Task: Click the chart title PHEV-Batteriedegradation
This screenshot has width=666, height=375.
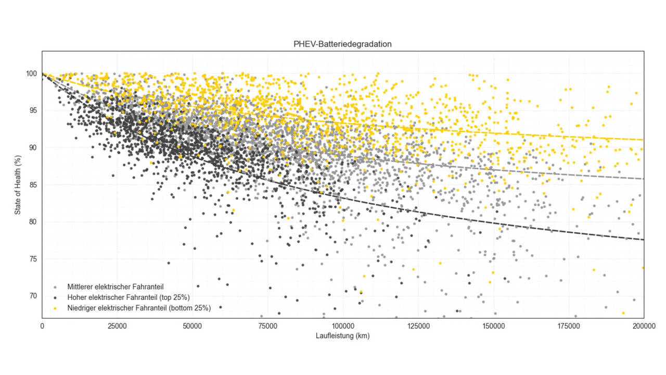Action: coord(342,44)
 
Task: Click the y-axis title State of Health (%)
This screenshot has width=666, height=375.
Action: coord(18,184)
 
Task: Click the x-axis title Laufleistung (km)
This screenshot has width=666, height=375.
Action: coord(342,336)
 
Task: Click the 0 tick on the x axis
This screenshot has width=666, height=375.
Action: coord(42,326)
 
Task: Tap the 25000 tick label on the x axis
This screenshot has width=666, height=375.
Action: coord(117,326)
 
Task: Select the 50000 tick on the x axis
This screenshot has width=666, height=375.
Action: coord(193,326)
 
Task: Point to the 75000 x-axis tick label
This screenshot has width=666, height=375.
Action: coord(268,326)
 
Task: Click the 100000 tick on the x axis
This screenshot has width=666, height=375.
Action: coord(343,326)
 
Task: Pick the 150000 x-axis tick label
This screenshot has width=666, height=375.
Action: coord(493,326)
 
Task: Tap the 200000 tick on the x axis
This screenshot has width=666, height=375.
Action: coord(644,326)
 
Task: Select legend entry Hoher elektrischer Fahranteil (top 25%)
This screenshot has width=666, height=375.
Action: coord(128,297)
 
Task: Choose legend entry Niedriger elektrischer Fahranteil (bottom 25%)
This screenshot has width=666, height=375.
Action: coord(138,308)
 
